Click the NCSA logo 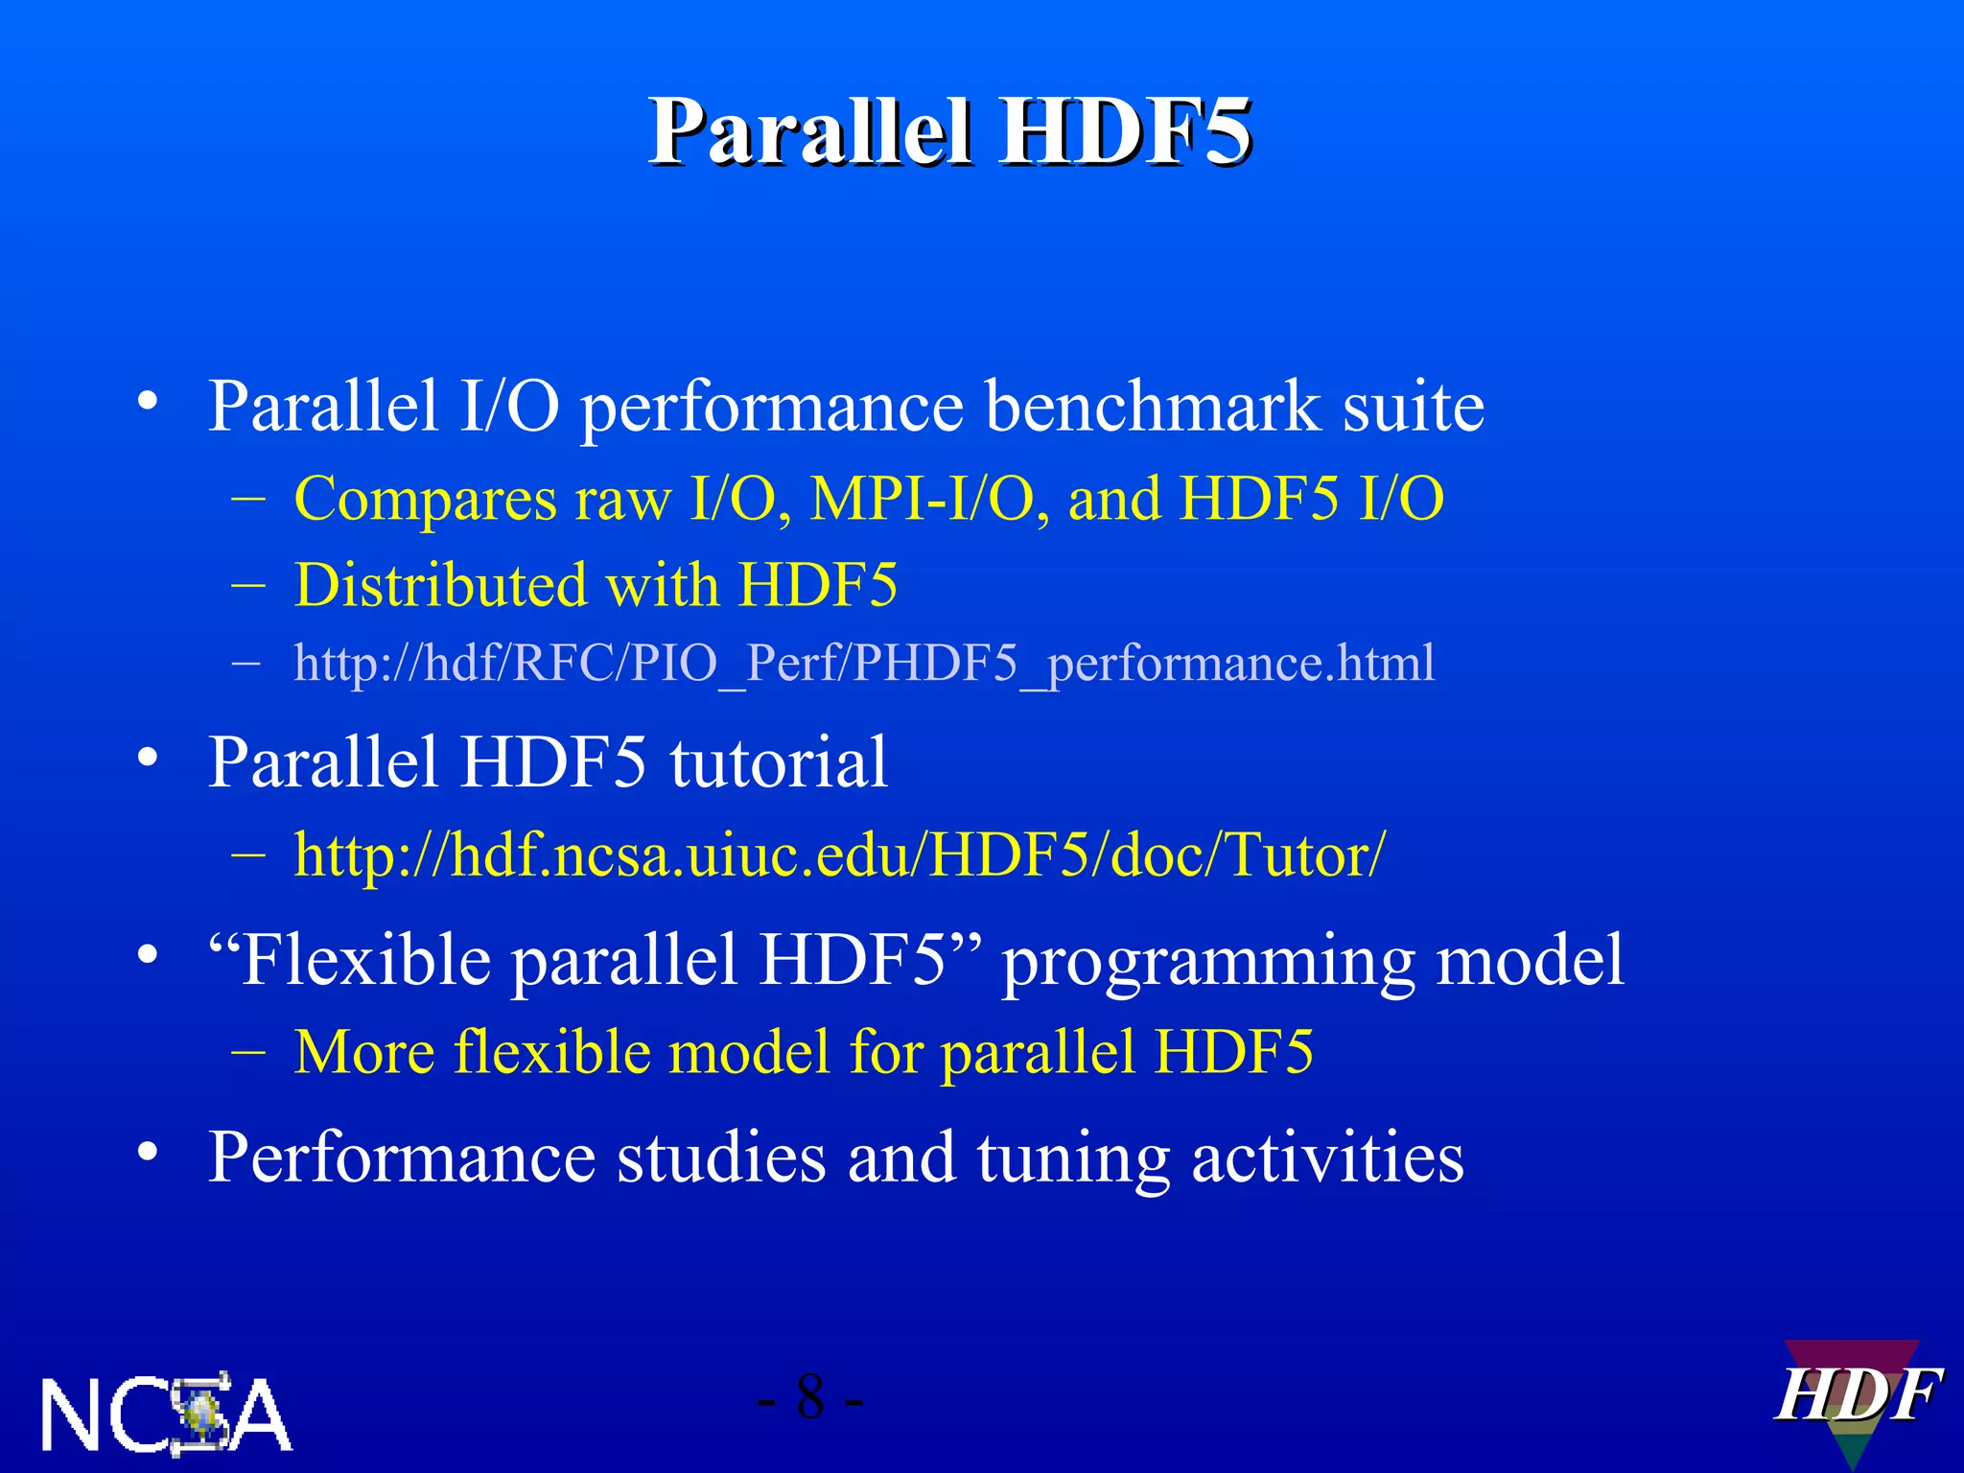click(x=166, y=1414)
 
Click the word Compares click(x=425, y=500)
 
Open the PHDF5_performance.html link click(x=863, y=664)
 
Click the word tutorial click(x=778, y=762)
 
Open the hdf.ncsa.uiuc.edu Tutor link click(x=839, y=855)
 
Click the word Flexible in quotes click(x=365, y=960)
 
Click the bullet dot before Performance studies click(x=147, y=1152)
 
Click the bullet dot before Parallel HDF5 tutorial click(x=147, y=758)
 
